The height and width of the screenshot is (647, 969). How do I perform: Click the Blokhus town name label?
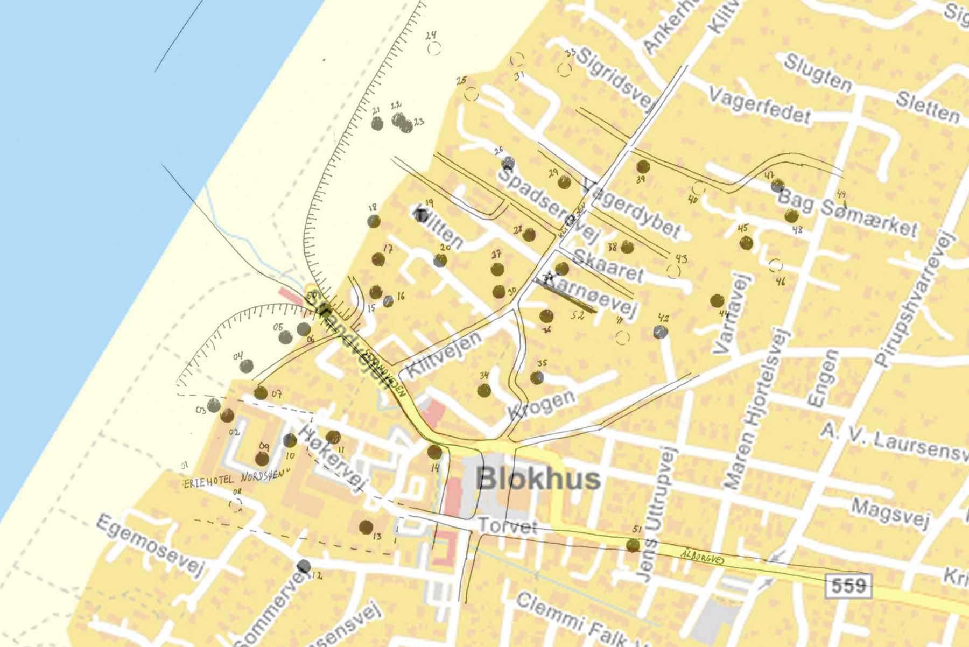538,479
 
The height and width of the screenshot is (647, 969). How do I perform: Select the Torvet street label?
507,526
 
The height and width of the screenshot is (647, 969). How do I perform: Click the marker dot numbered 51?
633,545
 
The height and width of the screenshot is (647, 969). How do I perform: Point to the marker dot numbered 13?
366,526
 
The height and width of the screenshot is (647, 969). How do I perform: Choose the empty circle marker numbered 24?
434,48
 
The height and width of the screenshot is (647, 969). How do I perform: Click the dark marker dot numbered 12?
304,566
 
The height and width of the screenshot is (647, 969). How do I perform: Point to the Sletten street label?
928,107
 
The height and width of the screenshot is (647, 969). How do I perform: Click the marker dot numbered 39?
643,167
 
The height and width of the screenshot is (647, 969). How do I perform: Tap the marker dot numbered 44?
717,300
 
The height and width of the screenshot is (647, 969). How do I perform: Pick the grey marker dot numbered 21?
377,124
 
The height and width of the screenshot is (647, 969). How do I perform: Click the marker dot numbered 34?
484,391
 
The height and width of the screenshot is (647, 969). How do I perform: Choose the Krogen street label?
541,404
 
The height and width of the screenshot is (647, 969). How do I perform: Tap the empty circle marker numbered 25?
471,94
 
